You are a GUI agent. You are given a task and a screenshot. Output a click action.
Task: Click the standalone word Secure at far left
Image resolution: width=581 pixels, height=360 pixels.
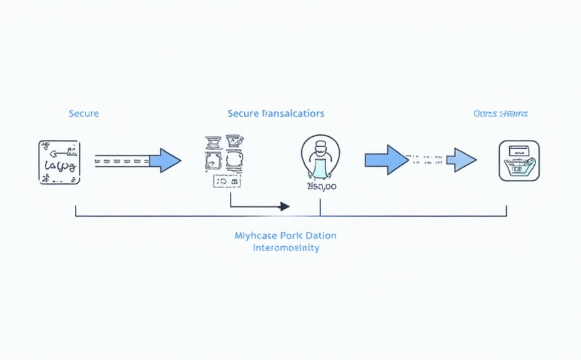84,114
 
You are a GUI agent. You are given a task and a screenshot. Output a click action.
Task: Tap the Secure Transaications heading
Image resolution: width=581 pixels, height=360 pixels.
276,114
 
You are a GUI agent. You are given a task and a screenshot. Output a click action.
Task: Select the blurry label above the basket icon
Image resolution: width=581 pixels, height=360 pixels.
501,114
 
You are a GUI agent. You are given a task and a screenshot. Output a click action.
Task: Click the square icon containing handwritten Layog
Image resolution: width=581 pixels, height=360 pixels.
59,162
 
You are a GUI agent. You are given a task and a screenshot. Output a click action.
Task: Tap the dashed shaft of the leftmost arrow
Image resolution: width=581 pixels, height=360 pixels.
122,161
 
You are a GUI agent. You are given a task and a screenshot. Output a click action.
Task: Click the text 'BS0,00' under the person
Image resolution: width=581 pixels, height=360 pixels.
322,187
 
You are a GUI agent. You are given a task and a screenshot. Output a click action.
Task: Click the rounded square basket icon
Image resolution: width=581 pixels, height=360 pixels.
519,161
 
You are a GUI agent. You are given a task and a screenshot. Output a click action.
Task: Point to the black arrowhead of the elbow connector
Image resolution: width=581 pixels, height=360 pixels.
284,206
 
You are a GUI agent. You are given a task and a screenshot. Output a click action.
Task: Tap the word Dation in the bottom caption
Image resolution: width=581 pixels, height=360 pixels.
320,236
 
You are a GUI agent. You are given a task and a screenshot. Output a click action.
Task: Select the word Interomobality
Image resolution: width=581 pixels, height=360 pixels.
286,248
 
